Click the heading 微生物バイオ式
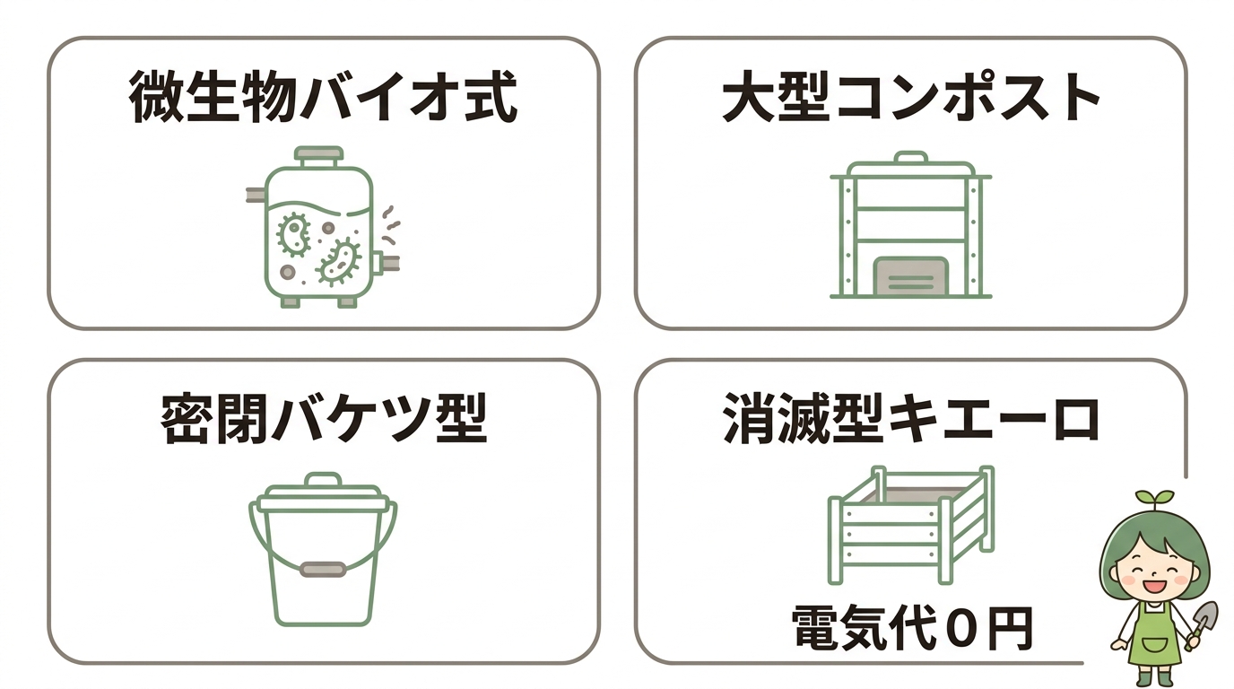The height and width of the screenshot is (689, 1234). pyautogui.click(x=323, y=98)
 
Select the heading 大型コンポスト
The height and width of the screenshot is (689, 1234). pyautogui.click(x=911, y=98)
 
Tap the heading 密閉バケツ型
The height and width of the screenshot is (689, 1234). pyautogui.click(x=323, y=419)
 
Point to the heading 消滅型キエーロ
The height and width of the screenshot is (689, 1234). pyautogui.click(x=911, y=419)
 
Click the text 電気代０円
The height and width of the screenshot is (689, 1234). pyautogui.click(x=912, y=629)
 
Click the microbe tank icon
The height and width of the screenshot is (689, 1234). pyautogui.click(x=321, y=229)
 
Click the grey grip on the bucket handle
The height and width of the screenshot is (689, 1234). pyautogui.click(x=323, y=569)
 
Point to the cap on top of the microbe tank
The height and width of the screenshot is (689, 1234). pyautogui.click(x=319, y=155)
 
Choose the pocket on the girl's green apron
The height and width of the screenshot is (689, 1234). pyautogui.click(x=1154, y=644)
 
